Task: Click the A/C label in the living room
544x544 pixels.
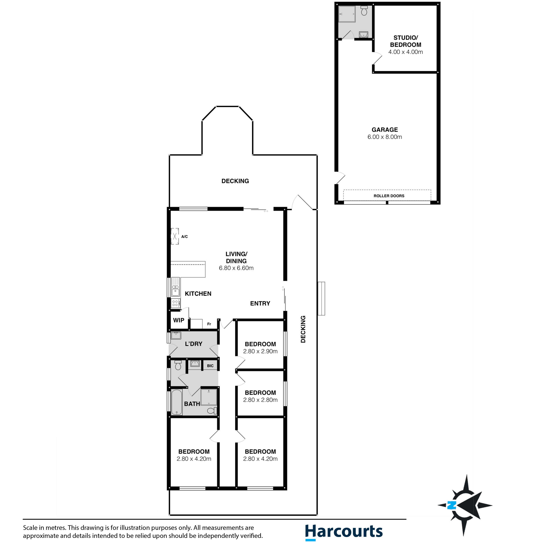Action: pos(185,237)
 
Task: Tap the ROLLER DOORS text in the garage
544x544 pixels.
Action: pos(389,196)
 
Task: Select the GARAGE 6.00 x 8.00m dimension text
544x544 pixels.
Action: pos(385,137)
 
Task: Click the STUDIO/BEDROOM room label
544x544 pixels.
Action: pos(405,41)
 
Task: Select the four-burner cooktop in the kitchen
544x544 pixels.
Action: pos(175,303)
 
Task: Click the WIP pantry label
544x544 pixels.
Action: pos(178,320)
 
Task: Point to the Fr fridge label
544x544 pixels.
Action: pos(209,324)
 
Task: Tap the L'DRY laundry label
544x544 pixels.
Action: pos(193,344)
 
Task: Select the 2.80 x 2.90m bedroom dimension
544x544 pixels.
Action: pos(260,351)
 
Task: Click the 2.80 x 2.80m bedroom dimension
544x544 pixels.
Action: pos(260,400)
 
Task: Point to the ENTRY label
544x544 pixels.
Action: pos(260,303)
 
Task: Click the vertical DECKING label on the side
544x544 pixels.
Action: pos(303,329)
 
